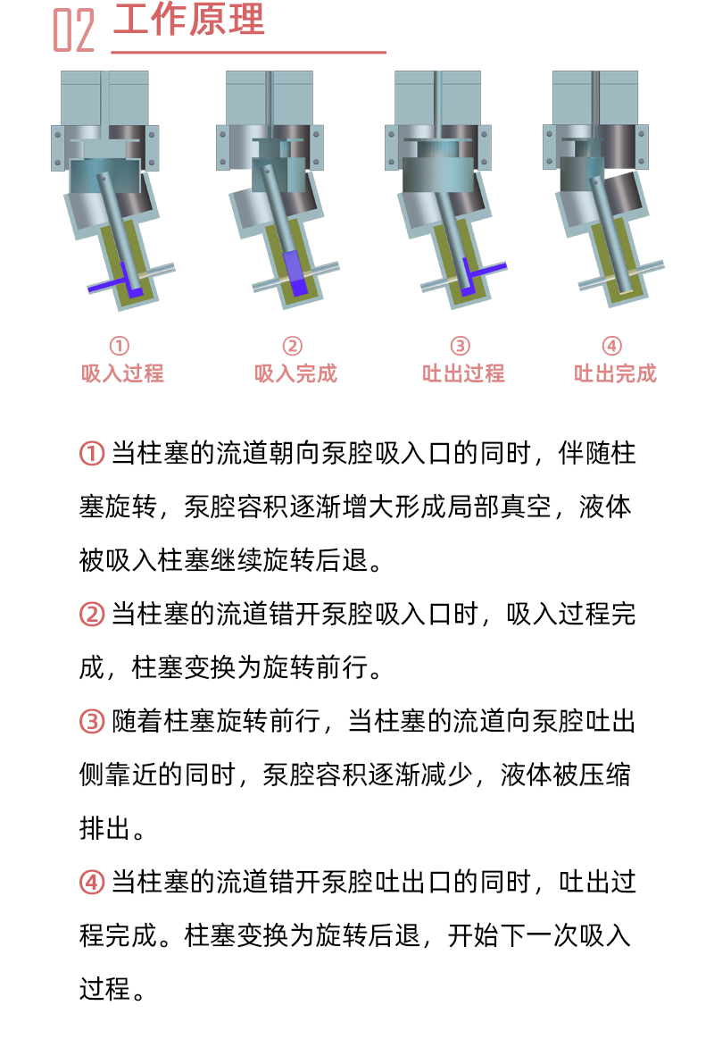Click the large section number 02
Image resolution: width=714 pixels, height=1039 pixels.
(74, 29)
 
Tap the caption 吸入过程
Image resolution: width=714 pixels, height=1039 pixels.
(122, 373)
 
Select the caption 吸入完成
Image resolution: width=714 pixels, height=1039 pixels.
(295, 373)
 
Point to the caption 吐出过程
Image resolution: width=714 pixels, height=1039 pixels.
(463, 373)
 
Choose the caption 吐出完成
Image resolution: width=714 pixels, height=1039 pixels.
(615, 373)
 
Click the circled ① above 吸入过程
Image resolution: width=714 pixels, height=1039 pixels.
(119, 346)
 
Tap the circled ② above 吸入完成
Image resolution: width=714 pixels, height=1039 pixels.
(293, 346)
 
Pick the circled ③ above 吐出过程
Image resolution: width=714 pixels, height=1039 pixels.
(460, 346)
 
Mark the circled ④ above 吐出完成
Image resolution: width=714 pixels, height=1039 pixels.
(611, 346)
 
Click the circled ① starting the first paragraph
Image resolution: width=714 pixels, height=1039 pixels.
(92, 454)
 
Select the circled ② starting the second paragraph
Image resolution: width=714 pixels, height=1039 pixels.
(92, 615)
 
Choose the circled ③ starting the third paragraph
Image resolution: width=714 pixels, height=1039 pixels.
(92, 722)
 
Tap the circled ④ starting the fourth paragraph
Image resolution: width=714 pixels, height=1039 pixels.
(92, 882)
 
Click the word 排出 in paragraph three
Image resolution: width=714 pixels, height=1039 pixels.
(104, 828)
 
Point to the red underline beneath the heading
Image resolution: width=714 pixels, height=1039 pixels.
(248, 52)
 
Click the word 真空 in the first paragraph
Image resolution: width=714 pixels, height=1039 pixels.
(527, 507)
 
